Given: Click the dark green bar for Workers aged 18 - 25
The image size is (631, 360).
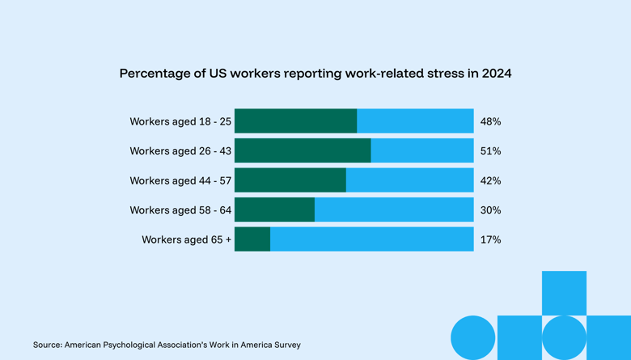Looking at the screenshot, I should click(x=295, y=121).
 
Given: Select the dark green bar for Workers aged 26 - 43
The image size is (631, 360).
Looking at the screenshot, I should click(x=303, y=150).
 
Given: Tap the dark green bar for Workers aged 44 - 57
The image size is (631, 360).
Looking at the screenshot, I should click(x=290, y=180).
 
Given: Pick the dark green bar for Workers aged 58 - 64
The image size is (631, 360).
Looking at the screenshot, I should click(x=274, y=210).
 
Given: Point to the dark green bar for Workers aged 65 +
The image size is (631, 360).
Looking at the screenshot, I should click(x=252, y=239).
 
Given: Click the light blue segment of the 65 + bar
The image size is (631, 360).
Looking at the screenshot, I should click(x=371, y=239).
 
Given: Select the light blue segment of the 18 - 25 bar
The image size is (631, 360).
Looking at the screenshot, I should click(x=415, y=121).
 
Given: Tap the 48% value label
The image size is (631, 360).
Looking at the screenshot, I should click(x=490, y=121).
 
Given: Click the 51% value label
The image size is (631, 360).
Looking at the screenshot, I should click(x=490, y=151).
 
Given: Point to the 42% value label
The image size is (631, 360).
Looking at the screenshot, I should click(x=490, y=180).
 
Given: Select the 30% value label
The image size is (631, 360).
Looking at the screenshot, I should click(x=490, y=210).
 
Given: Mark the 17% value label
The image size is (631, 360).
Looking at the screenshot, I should click(x=490, y=239).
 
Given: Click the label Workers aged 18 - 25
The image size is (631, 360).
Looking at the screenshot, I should click(x=180, y=121).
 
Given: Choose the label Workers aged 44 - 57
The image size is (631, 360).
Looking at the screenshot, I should click(x=180, y=180).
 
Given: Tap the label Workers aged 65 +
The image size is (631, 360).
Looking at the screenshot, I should click(x=186, y=239).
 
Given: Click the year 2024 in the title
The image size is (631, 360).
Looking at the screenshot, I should click(x=496, y=74).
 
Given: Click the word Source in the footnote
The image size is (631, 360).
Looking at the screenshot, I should click(x=47, y=345).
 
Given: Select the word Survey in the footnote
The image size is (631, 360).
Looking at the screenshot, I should click(x=286, y=345).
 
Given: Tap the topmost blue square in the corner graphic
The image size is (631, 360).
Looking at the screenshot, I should click(x=564, y=293).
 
